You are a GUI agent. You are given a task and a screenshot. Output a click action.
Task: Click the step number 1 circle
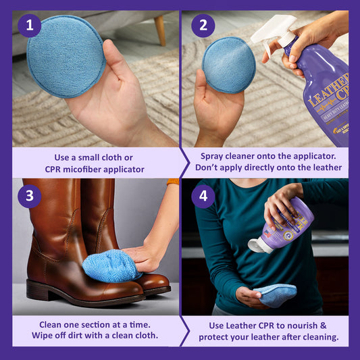click(x=30, y=26)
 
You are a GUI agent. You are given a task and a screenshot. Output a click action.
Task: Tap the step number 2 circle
click(x=203, y=26)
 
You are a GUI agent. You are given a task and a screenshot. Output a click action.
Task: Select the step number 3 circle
click(x=30, y=197)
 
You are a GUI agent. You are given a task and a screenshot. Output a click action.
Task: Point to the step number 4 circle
click(x=203, y=197)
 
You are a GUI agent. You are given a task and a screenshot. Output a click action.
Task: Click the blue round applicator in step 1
click(x=66, y=57)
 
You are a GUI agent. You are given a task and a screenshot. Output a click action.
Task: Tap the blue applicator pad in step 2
click(x=229, y=65)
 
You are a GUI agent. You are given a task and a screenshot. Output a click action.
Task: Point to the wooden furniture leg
click(x=160, y=30)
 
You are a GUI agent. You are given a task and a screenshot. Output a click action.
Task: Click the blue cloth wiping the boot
click(x=111, y=265)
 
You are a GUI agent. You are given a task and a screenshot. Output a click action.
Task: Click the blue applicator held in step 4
click(x=275, y=294)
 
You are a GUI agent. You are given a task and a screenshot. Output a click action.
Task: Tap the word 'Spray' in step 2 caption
click(x=211, y=157)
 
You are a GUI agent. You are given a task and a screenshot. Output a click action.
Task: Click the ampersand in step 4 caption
click(x=324, y=326)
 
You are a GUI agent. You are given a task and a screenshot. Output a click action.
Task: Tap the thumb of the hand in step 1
click(x=113, y=59)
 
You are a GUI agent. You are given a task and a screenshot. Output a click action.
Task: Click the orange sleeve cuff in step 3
click(x=173, y=182)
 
